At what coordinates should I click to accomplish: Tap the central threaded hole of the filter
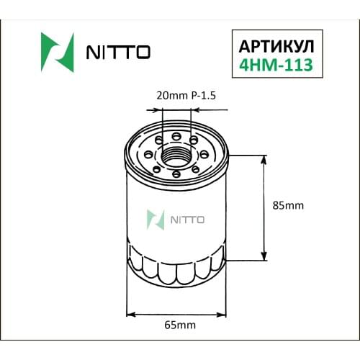[x=176, y=153]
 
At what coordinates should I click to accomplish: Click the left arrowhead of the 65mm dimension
[x=130, y=314]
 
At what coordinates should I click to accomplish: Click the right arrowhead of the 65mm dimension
[x=225, y=314]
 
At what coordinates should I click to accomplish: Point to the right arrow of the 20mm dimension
[x=196, y=111]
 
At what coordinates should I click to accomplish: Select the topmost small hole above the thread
[x=176, y=135]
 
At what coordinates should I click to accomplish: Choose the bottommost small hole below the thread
[x=176, y=173]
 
